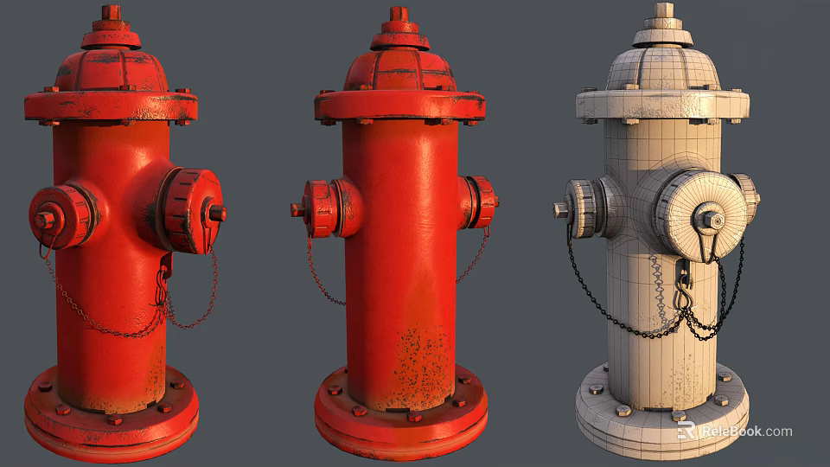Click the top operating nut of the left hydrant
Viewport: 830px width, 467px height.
pos(111,12)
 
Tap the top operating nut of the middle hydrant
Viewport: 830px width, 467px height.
pos(399,14)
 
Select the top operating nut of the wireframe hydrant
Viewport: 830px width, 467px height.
pos(663,10)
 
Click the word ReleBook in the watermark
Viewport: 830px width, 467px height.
pos(731,431)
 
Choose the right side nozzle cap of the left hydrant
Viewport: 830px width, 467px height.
pos(192,211)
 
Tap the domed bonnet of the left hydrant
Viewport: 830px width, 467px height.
pos(111,69)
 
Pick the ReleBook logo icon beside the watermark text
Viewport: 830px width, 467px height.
pos(687,431)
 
